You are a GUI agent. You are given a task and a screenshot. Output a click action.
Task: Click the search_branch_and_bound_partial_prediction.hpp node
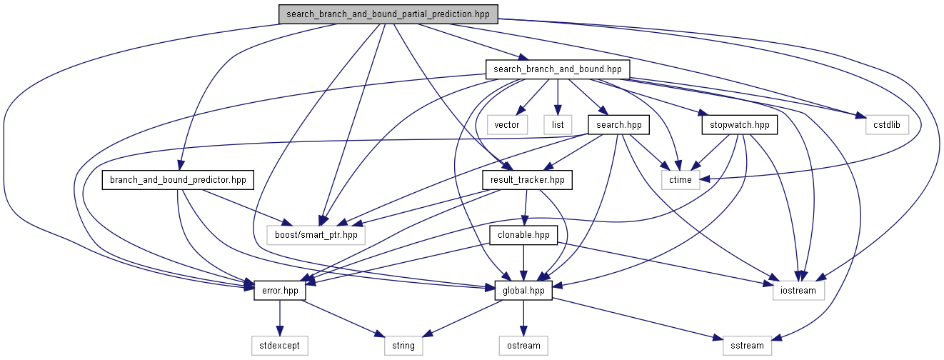pos(388,14)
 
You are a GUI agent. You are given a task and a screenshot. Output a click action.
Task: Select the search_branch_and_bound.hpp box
pos(558,69)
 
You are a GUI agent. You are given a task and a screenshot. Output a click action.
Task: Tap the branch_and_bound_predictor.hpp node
pos(178,180)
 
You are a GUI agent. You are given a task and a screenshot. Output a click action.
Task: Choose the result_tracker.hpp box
pos(527,180)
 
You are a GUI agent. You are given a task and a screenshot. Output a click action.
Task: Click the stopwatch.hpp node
pos(740,125)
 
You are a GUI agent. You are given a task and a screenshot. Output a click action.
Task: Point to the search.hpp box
pos(618,125)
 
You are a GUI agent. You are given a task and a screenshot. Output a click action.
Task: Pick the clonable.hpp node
pos(523,235)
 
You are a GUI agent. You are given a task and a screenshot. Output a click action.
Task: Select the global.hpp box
pos(523,291)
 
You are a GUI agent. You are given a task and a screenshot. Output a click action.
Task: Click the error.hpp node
pos(280,291)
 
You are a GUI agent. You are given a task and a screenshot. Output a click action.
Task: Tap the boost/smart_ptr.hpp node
pos(316,235)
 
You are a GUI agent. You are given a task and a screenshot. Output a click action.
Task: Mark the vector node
pos(507,125)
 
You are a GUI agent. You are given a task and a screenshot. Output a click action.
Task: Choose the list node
pos(558,125)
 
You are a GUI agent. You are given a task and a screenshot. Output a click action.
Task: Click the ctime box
pos(681,180)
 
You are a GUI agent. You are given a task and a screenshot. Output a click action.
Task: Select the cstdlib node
pos(887,125)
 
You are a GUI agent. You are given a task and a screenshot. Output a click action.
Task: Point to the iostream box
pos(798,291)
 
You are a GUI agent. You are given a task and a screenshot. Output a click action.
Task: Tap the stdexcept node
pos(280,346)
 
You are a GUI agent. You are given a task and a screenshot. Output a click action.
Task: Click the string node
pos(403,346)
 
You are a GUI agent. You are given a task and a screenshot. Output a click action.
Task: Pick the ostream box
pos(523,346)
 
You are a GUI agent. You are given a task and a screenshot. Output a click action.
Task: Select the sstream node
pos(747,346)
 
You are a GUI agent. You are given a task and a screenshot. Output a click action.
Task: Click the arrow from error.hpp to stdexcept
pos(280,319)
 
